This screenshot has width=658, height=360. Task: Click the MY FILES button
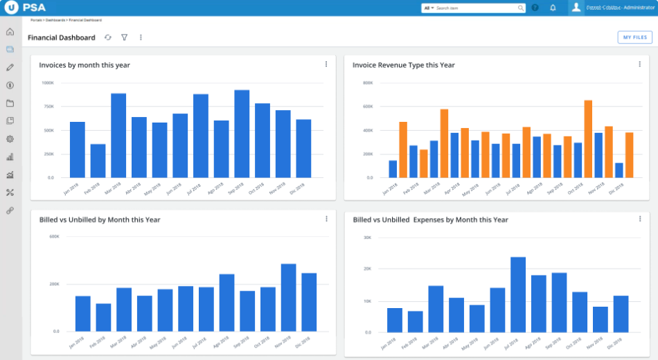tap(634, 37)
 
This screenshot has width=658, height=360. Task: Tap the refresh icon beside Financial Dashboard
tap(107, 37)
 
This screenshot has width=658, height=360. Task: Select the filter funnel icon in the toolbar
tap(124, 37)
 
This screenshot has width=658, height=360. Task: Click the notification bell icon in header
tap(553, 8)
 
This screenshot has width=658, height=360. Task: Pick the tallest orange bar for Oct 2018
tap(588, 138)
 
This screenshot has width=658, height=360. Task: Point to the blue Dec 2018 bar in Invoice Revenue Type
tap(619, 170)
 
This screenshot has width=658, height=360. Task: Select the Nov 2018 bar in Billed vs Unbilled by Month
tap(288, 297)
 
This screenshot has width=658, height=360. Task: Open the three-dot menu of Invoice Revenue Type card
tap(639, 64)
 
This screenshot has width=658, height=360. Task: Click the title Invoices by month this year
tap(85, 65)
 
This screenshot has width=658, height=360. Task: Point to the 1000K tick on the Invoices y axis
tap(48, 83)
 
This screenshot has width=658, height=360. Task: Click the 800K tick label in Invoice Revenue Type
tap(368, 83)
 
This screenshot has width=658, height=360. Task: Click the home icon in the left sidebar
tap(10, 32)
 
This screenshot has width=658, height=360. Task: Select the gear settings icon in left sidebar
tap(10, 138)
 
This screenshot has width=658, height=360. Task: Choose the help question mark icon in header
tap(535, 8)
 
